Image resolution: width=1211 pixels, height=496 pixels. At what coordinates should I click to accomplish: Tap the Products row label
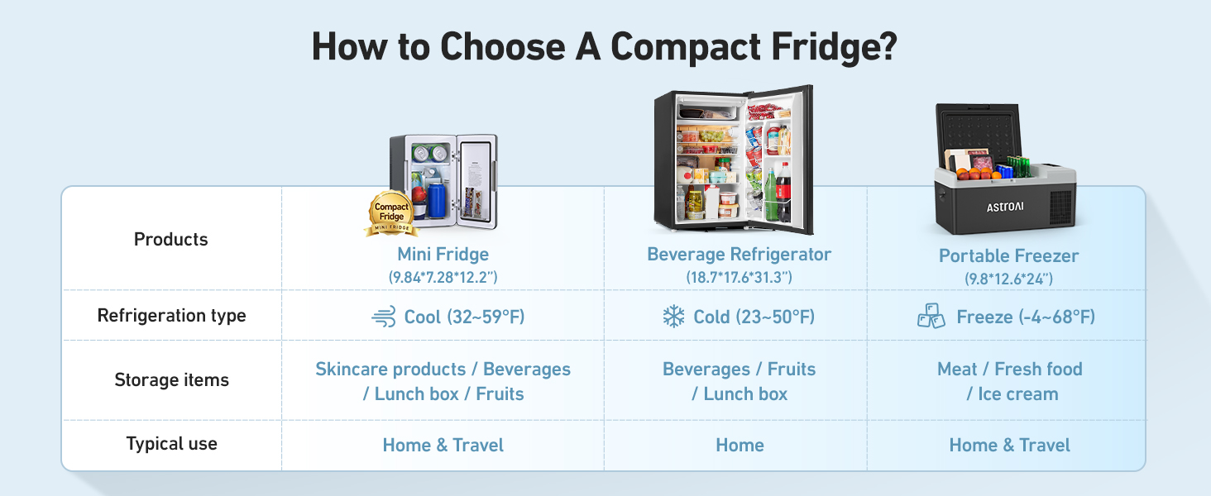pyautogui.click(x=171, y=240)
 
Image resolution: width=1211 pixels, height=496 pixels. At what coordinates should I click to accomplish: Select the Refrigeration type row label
pyautogui.click(x=171, y=316)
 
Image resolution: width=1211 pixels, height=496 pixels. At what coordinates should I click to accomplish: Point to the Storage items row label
pyautogui.click(x=171, y=380)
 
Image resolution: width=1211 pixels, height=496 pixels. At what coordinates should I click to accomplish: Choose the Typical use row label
pyautogui.click(x=171, y=444)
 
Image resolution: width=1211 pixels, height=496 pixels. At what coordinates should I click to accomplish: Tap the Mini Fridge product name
pyautogui.click(x=443, y=255)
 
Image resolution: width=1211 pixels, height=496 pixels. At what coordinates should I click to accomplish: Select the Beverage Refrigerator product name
pyautogui.click(x=739, y=255)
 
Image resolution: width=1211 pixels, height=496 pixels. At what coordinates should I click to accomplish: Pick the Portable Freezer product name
pyautogui.click(x=1008, y=256)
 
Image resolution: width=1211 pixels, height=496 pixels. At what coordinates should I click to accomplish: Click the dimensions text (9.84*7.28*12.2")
pyautogui.click(x=443, y=278)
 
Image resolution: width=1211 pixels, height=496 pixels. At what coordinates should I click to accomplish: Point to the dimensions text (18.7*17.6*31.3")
pyautogui.click(x=739, y=278)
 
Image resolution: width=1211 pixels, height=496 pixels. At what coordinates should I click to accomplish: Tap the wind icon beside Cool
pyautogui.click(x=384, y=317)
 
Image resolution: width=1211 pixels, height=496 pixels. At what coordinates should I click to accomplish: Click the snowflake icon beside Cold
pyautogui.click(x=673, y=317)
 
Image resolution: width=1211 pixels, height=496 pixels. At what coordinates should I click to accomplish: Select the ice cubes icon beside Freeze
pyautogui.click(x=931, y=317)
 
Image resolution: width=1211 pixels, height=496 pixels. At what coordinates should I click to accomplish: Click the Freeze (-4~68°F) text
pyautogui.click(x=1026, y=317)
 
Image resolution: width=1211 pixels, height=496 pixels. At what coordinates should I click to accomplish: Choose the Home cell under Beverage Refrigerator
pyautogui.click(x=740, y=445)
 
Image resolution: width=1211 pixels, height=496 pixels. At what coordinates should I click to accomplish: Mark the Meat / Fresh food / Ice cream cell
pyautogui.click(x=1009, y=381)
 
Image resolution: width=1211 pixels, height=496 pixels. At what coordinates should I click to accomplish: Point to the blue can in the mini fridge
pyautogui.click(x=435, y=201)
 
